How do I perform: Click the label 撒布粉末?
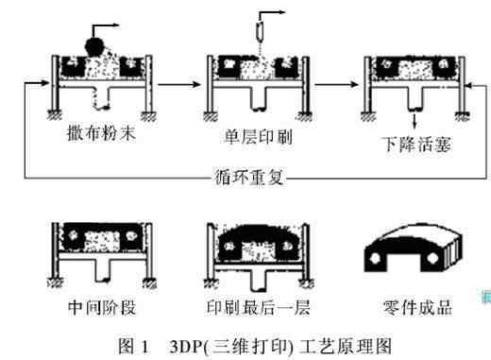click(x=101, y=132)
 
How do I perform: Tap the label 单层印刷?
click(x=258, y=137)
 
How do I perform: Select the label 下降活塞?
click(x=417, y=145)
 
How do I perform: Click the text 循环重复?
click(x=249, y=177)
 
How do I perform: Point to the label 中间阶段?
click(x=102, y=307)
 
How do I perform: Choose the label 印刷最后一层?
click(x=258, y=307)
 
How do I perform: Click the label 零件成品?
click(x=417, y=307)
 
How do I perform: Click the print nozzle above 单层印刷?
click(x=261, y=31)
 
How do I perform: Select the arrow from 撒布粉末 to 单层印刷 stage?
click(x=178, y=84)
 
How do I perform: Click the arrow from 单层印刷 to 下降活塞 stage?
click(x=336, y=84)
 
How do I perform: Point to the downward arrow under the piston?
click(x=415, y=121)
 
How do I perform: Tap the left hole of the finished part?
click(x=375, y=258)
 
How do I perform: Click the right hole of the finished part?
click(x=432, y=258)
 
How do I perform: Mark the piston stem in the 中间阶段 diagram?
click(x=103, y=270)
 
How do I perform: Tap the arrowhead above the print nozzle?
click(x=281, y=12)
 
